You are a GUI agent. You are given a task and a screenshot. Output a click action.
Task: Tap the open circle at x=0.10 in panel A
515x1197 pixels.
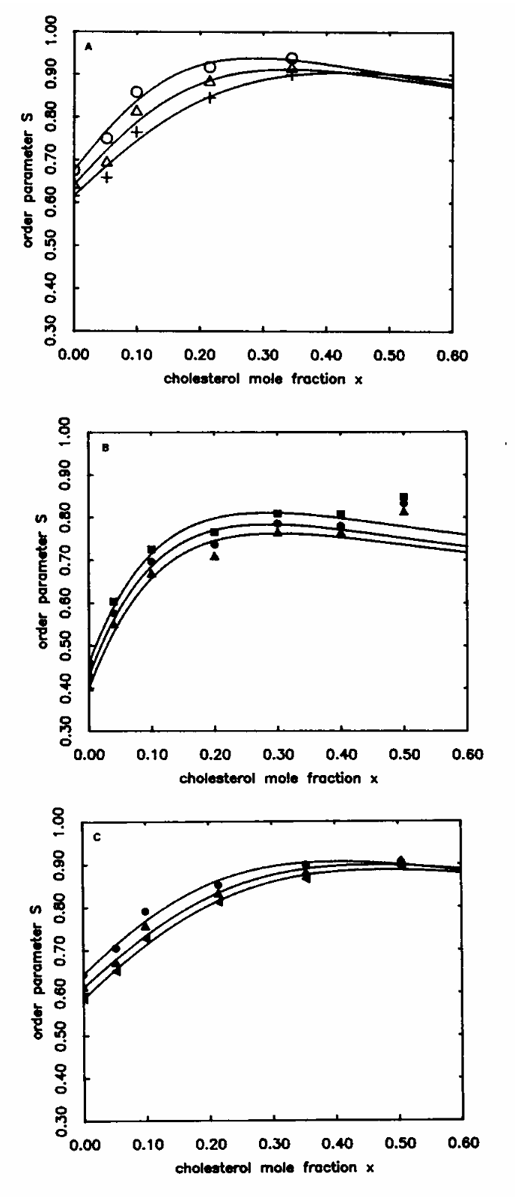point(136,92)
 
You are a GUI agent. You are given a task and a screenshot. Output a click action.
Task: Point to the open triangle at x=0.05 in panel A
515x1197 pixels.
point(107,162)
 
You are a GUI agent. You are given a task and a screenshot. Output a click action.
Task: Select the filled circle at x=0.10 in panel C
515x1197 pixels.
point(146,911)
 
